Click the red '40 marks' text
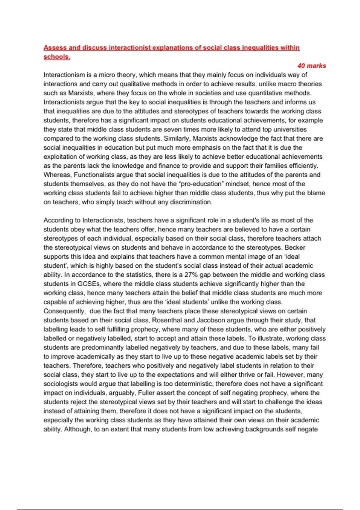tap(311, 66)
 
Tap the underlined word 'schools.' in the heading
tap(57, 57)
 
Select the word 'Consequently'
tap(64, 311)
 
